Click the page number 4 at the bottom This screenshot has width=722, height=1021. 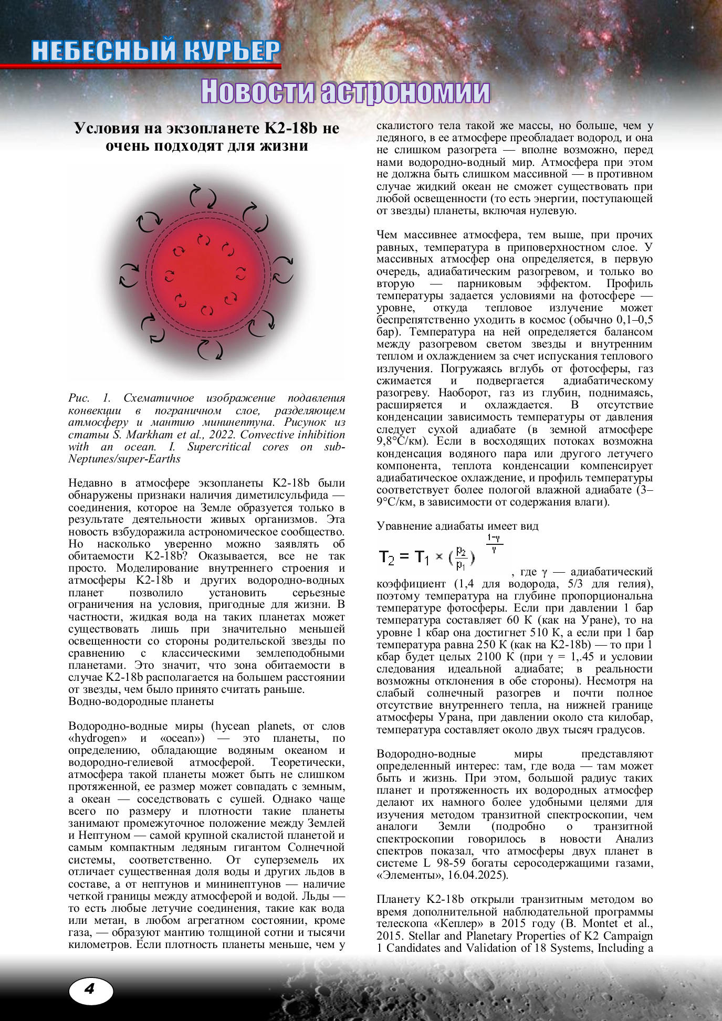point(90,989)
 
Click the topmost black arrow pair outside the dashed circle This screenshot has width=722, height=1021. point(203,196)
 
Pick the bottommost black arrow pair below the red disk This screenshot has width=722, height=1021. point(210,349)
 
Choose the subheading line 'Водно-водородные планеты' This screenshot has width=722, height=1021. point(141,701)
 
